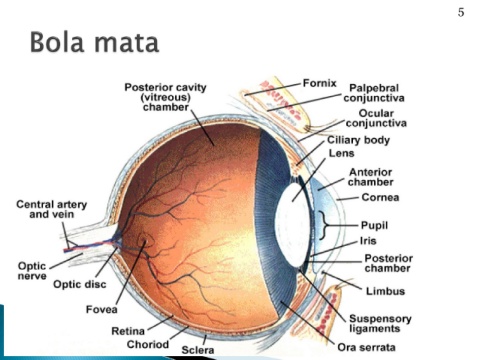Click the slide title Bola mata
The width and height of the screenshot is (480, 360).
pyautogui.click(x=94, y=42)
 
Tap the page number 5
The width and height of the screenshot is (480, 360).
pyautogui.click(x=461, y=13)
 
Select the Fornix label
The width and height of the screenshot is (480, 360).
pyautogui.click(x=320, y=83)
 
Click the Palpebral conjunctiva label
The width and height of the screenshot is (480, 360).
pyautogui.click(x=374, y=93)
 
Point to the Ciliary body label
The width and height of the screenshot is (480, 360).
pyautogui.click(x=358, y=140)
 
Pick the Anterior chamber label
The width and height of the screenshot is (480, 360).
pyautogui.click(x=371, y=177)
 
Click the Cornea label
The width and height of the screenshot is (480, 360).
pyautogui.click(x=380, y=197)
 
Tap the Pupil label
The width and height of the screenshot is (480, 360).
pyautogui.click(x=374, y=226)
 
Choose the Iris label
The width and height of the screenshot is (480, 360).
pyautogui.click(x=368, y=241)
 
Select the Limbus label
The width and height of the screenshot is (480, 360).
pyautogui.click(x=386, y=291)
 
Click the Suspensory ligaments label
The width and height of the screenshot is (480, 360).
pyautogui.click(x=380, y=324)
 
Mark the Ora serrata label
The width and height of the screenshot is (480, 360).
pyautogui.click(x=366, y=348)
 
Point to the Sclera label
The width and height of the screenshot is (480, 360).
pyautogui.click(x=198, y=350)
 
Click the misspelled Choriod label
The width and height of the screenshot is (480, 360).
pyautogui.click(x=148, y=344)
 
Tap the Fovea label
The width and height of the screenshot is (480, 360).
pyautogui.click(x=102, y=310)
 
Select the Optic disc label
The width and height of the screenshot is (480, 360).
pyautogui.click(x=80, y=284)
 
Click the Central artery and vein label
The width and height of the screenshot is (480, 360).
pyautogui.click(x=52, y=209)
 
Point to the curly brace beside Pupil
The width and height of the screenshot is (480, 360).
pyautogui.click(x=323, y=225)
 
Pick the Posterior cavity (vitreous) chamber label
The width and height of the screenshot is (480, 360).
pyautogui.click(x=165, y=97)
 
